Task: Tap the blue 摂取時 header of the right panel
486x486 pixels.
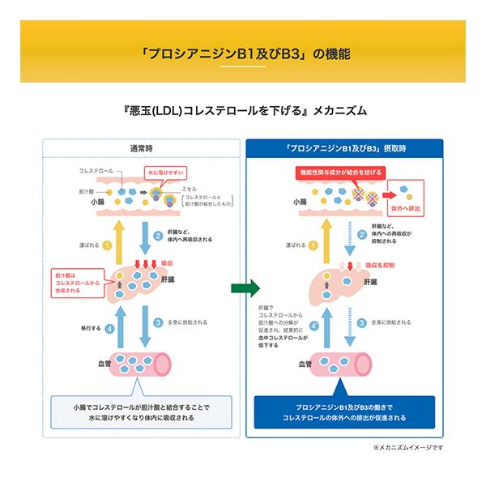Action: coord(346,149)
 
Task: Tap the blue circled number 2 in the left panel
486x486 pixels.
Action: coord(159,237)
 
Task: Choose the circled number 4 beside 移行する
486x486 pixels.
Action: coord(109,329)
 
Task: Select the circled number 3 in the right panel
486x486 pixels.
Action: coord(361,322)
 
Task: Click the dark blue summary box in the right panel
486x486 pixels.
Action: coord(345,411)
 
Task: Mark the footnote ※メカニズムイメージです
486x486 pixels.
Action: coord(408,446)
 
